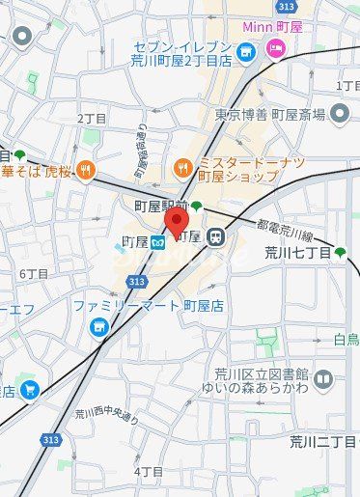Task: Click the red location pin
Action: point(176,220)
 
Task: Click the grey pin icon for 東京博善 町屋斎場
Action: point(339,115)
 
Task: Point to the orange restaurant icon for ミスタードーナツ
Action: point(182,169)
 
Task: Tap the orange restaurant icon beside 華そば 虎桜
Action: point(86,171)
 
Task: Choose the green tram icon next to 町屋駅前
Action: point(196,206)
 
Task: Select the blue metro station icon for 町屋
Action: point(156,241)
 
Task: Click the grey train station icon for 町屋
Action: point(216,236)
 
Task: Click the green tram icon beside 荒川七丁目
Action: point(340,253)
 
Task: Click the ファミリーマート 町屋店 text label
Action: point(148,306)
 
